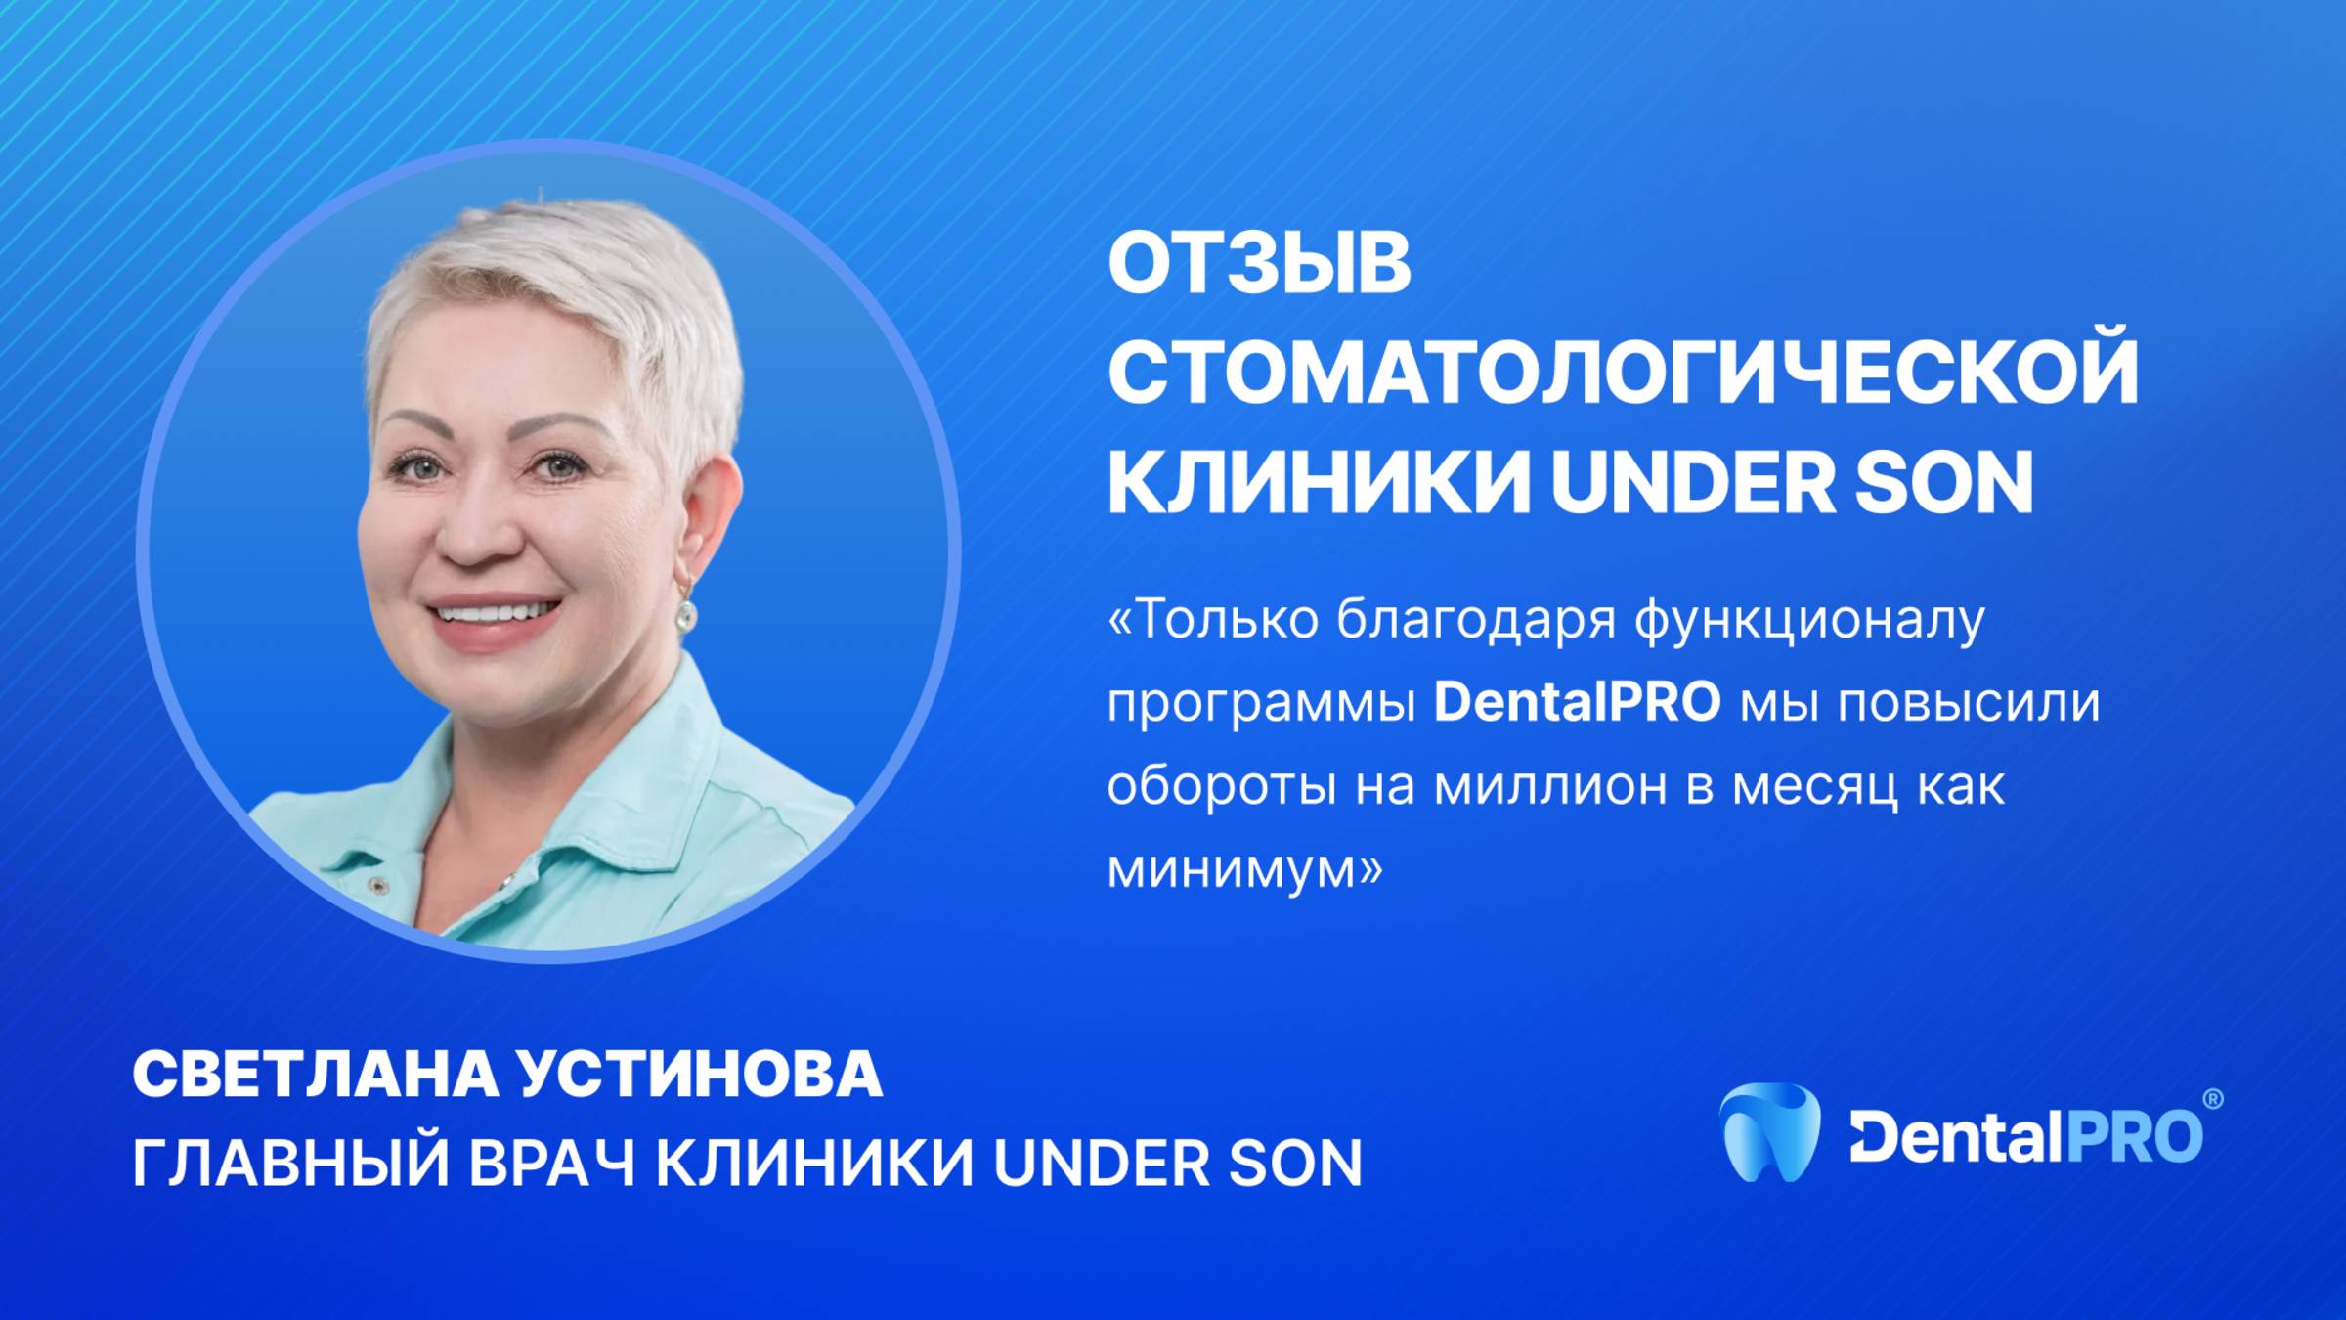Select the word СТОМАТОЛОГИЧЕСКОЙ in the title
(1623, 374)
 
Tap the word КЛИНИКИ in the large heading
(1318, 483)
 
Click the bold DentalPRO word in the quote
(1577, 702)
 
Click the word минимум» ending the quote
(1245, 867)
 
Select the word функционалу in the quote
(1809, 621)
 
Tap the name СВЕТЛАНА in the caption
(315, 1076)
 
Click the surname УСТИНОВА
(700, 1076)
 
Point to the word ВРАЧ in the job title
(552, 1163)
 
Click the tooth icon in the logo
(1769, 1132)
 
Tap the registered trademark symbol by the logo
(2212, 1099)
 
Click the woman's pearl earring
(687, 615)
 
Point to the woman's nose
(479, 533)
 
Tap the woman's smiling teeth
(495, 614)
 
